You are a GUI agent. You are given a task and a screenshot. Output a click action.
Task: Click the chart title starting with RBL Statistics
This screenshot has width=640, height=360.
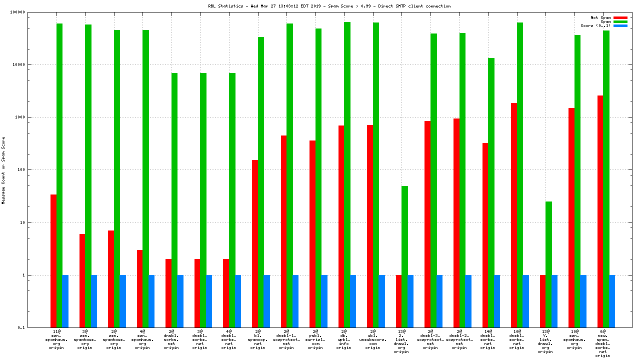(x=329, y=6)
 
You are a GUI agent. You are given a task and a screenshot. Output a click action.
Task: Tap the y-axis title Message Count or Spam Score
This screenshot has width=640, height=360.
(x=3, y=170)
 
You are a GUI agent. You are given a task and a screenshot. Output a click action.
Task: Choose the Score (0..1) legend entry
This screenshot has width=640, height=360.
(x=595, y=25)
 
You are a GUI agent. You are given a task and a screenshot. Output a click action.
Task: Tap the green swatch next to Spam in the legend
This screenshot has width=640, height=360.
(x=620, y=21)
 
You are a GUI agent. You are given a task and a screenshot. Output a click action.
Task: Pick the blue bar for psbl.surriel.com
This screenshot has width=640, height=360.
(x=324, y=301)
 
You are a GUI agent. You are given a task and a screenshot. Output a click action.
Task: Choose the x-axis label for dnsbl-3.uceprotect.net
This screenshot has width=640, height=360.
(x=430, y=339)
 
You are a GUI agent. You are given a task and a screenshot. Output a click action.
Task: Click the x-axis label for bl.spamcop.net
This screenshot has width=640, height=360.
(x=257, y=339)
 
